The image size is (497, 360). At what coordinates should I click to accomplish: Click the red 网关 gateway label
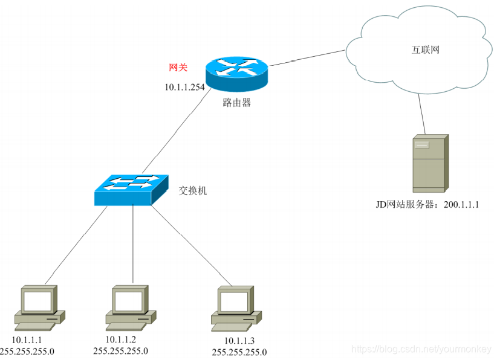178,68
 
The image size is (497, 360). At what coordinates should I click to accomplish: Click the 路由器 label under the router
236,103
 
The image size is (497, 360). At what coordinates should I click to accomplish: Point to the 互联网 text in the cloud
421,50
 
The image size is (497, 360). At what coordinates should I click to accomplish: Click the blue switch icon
131,188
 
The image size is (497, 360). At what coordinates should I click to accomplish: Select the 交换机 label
193,190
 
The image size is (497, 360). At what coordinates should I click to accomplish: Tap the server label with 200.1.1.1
427,205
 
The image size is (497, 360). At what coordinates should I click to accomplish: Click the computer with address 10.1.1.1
39,306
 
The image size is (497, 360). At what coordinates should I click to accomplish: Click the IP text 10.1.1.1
28,340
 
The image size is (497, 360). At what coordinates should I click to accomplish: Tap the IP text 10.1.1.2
121,339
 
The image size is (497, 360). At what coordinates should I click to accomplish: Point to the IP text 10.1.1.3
239,341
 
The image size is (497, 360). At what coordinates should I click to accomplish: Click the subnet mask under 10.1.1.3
239,352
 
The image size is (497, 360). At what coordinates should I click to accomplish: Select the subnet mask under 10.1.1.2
121,350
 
